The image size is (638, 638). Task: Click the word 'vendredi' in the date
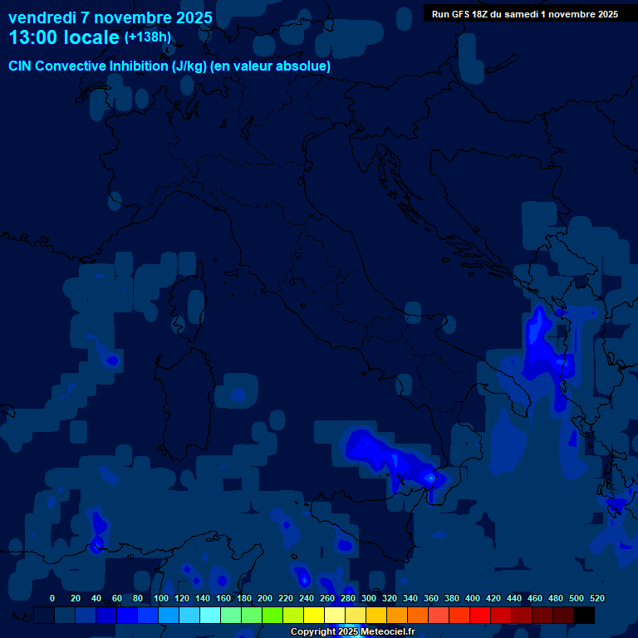(x=42, y=17)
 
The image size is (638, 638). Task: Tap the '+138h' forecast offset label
(x=147, y=37)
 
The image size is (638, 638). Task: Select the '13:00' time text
(x=32, y=38)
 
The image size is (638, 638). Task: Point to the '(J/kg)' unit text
(x=190, y=66)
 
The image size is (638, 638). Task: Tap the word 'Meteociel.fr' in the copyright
(x=388, y=632)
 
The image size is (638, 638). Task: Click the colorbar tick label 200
(x=265, y=598)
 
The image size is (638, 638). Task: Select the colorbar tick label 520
(x=596, y=598)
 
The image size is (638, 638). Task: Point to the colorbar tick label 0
(x=52, y=598)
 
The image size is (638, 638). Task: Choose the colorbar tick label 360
(x=431, y=598)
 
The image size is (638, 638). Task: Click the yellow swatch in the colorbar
(x=314, y=616)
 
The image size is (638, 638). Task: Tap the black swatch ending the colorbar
(x=584, y=616)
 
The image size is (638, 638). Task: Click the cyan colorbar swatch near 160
(x=210, y=616)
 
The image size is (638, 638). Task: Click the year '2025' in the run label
(x=605, y=14)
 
